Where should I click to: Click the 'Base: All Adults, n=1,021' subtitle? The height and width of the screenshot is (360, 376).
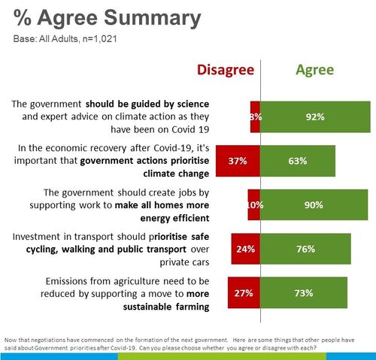tap(64, 38)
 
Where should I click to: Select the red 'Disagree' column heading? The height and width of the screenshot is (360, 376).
tap(226, 70)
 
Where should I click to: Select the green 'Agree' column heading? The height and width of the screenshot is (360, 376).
tap(314, 70)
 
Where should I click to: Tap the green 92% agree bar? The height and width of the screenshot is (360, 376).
tap(315, 116)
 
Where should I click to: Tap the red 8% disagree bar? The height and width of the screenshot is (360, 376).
tap(255, 116)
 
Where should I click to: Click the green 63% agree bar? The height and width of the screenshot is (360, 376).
tap(297, 160)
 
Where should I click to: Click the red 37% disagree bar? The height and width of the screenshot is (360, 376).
tap(237, 160)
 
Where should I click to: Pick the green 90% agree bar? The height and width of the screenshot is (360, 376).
tap(314, 204)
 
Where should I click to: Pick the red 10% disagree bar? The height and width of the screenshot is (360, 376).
tap(253, 204)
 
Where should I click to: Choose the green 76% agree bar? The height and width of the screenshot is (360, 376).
tap(305, 250)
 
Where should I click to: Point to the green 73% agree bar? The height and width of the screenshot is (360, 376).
tap(304, 293)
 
